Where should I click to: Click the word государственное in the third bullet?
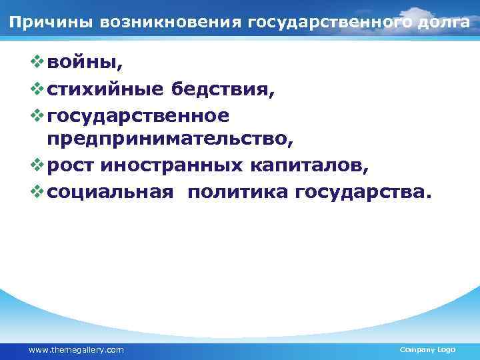tap(139, 115)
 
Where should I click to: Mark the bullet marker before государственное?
tap(36, 115)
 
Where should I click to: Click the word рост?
tap(71, 166)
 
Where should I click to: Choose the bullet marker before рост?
tap(36, 165)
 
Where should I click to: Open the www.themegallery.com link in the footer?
tap(76, 349)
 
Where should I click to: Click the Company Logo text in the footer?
tap(427, 349)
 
